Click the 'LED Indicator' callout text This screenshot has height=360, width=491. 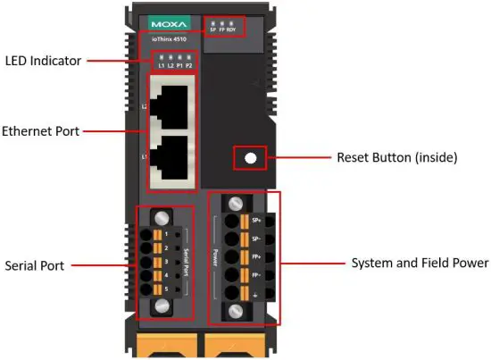pos(44,61)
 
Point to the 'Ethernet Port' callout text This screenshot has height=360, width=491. pos(42,131)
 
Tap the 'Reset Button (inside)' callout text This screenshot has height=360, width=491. pos(396,158)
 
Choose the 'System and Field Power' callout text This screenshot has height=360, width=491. pos(420,263)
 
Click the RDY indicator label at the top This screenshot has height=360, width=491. pos(231,29)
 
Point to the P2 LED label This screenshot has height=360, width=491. pos(190,67)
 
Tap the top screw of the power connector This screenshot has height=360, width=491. pos(238,204)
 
